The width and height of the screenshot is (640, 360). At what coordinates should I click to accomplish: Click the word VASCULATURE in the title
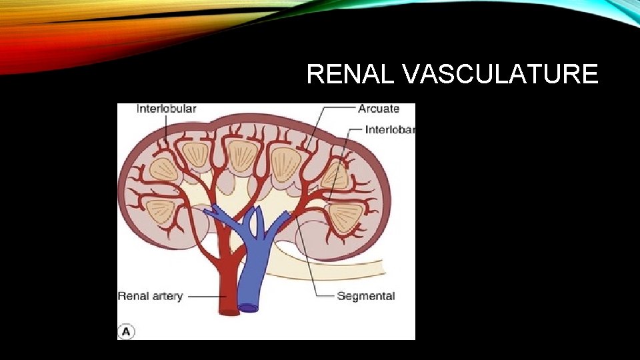[x=501, y=75]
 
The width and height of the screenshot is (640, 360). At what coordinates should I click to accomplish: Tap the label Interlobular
[x=166, y=109]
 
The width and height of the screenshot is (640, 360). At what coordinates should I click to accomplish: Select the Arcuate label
[x=379, y=109]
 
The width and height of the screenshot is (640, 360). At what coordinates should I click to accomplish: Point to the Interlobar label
[x=389, y=129]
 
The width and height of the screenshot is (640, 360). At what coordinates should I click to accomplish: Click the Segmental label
[x=366, y=296]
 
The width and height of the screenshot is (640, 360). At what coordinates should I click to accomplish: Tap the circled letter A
[x=125, y=331]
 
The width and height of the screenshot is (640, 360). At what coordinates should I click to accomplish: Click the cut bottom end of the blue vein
[x=249, y=308]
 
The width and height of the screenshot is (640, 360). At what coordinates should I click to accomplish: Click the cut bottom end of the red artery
[x=229, y=311]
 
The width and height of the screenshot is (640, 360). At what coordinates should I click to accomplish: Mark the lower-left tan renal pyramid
[x=160, y=211]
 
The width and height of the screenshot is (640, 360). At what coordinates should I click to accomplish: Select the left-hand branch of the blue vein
[x=220, y=215]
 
